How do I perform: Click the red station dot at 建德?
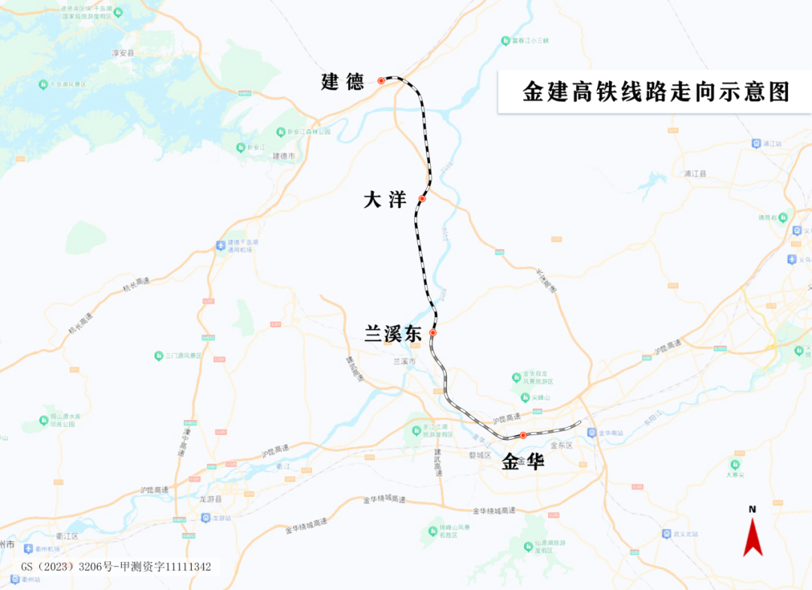click(x=381, y=80)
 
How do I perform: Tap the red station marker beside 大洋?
click(x=422, y=198)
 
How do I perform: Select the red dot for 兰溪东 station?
click(x=433, y=332)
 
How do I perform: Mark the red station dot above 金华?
click(x=523, y=435)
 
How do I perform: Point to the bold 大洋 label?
click(x=385, y=200)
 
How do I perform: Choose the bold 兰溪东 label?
click(x=393, y=335)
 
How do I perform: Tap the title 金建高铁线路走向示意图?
click(x=656, y=92)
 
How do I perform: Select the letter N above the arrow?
click(x=752, y=509)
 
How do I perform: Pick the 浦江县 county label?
click(x=695, y=173)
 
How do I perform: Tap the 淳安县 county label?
click(x=123, y=53)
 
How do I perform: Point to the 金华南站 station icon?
click(x=592, y=433)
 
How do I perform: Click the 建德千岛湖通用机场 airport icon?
click(x=220, y=245)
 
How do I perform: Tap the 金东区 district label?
click(x=562, y=445)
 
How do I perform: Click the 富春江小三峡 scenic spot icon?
click(x=505, y=41)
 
